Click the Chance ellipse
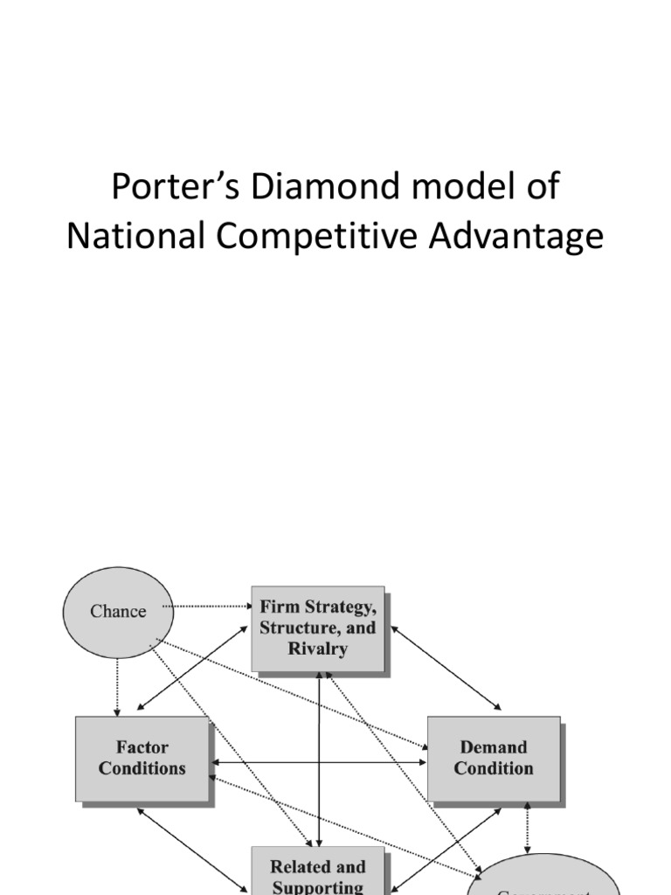[x=118, y=612]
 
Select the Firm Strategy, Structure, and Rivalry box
[x=318, y=628]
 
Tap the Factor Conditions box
[x=142, y=758]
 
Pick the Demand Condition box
[x=494, y=758]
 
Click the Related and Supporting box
[x=318, y=872]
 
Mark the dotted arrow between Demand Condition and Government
[x=526, y=828]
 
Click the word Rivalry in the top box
[x=318, y=649]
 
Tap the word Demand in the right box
[x=494, y=747]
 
